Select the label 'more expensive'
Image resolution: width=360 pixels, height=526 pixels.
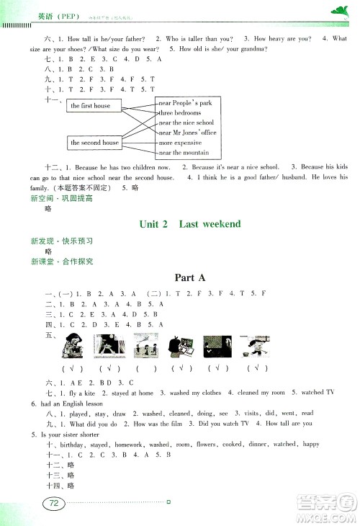click(180, 143)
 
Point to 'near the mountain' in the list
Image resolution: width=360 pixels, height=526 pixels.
click(184, 153)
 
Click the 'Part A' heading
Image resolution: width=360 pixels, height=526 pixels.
click(190, 277)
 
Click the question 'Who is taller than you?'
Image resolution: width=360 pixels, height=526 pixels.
click(202, 37)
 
